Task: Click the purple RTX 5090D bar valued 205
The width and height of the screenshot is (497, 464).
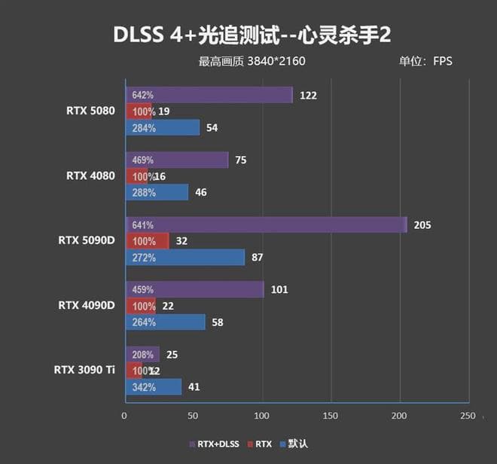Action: pyautogui.click(x=265, y=224)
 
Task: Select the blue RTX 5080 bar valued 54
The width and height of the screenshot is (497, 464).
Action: pyautogui.click(x=162, y=128)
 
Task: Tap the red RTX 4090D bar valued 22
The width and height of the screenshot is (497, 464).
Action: pyautogui.click(x=140, y=305)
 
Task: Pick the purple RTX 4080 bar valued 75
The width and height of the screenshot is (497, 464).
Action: pyautogui.click(x=176, y=160)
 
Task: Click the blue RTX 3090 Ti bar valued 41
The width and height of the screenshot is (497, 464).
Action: pyautogui.click(x=153, y=387)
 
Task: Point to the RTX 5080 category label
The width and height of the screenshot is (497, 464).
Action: pyautogui.click(x=90, y=111)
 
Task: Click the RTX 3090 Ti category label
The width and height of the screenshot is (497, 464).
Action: pyautogui.click(x=84, y=370)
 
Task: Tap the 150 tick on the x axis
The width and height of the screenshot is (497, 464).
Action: pyautogui.click(x=331, y=415)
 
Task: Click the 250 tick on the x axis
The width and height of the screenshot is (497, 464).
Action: pyautogui.click(x=468, y=415)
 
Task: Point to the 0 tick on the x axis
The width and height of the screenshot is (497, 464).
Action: pyautogui.click(x=125, y=415)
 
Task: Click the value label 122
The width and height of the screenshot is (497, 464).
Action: pyautogui.click(x=308, y=96)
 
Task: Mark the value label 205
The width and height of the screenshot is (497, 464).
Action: pyautogui.click(x=422, y=224)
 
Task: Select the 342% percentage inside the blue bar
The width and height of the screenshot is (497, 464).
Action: pyautogui.click(x=143, y=387)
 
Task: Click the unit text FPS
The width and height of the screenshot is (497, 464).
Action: pyautogui.click(x=443, y=61)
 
